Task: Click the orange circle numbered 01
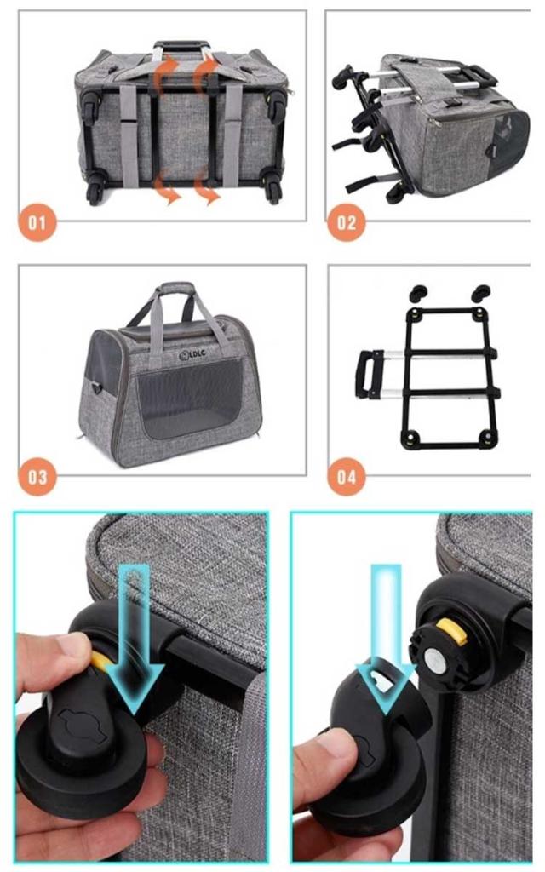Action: click(x=37, y=223)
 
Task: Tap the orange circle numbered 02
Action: click(x=346, y=223)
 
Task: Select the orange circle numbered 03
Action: click(x=37, y=477)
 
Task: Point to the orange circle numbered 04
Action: click(x=346, y=477)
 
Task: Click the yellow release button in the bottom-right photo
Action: click(x=452, y=632)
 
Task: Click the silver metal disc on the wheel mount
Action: click(x=436, y=662)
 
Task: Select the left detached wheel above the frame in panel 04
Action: click(x=419, y=292)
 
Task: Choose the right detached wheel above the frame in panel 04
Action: click(x=481, y=292)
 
